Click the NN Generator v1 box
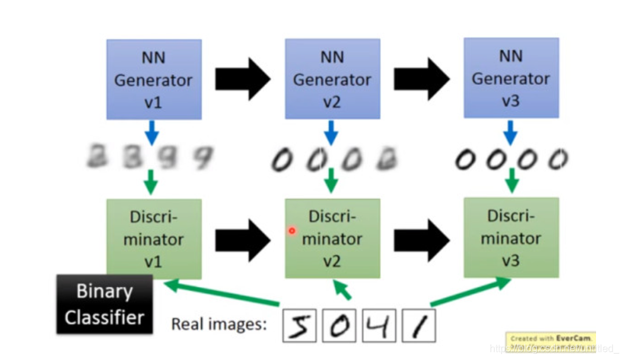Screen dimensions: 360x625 (x=154, y=79)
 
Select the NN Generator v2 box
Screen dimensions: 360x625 (x=332, y=79)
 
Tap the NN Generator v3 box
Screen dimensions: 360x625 (x=510, y=78)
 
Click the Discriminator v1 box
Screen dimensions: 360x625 (x=154, y=239)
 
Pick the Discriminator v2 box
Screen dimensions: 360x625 (x=332, y=239)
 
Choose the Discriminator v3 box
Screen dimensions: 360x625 (x=510, y=237)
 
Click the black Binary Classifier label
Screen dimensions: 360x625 (x=104, y=304)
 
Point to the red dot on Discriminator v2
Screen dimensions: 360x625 (x=292, y=231)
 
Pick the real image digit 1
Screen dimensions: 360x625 (x=419, y=325)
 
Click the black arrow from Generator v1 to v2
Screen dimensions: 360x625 (x=242, y=79)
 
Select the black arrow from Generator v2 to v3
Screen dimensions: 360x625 (x=421, y=79)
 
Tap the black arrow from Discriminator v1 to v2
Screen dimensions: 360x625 (x=242, y=240)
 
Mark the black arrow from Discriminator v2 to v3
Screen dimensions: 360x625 (x=421, y=240)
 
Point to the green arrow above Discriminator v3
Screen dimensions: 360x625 (x=512, y=181)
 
